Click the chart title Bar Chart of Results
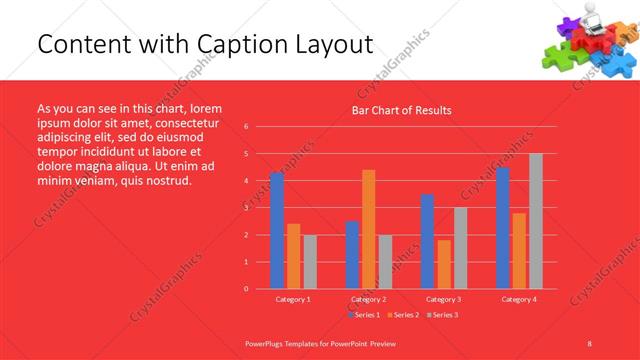click(x=401, y=110)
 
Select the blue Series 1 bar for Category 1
click(x=277, y=230)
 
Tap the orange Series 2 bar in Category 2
click(x=368, y=229)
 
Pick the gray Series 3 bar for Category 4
click(x=536, y=221)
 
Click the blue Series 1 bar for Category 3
click(x=427, y=241)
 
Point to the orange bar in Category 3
click(x=444, y=264)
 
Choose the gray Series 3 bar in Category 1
click(x=310, y=261)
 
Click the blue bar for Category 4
click(x=503, y=227)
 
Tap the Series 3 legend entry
click(x=444, y=315)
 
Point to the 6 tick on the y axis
click(x=246, y=127)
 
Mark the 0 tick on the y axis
click(x=246, y=289)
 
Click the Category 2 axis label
click(x=368, y=299)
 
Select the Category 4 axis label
click(x=518, y=299)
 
